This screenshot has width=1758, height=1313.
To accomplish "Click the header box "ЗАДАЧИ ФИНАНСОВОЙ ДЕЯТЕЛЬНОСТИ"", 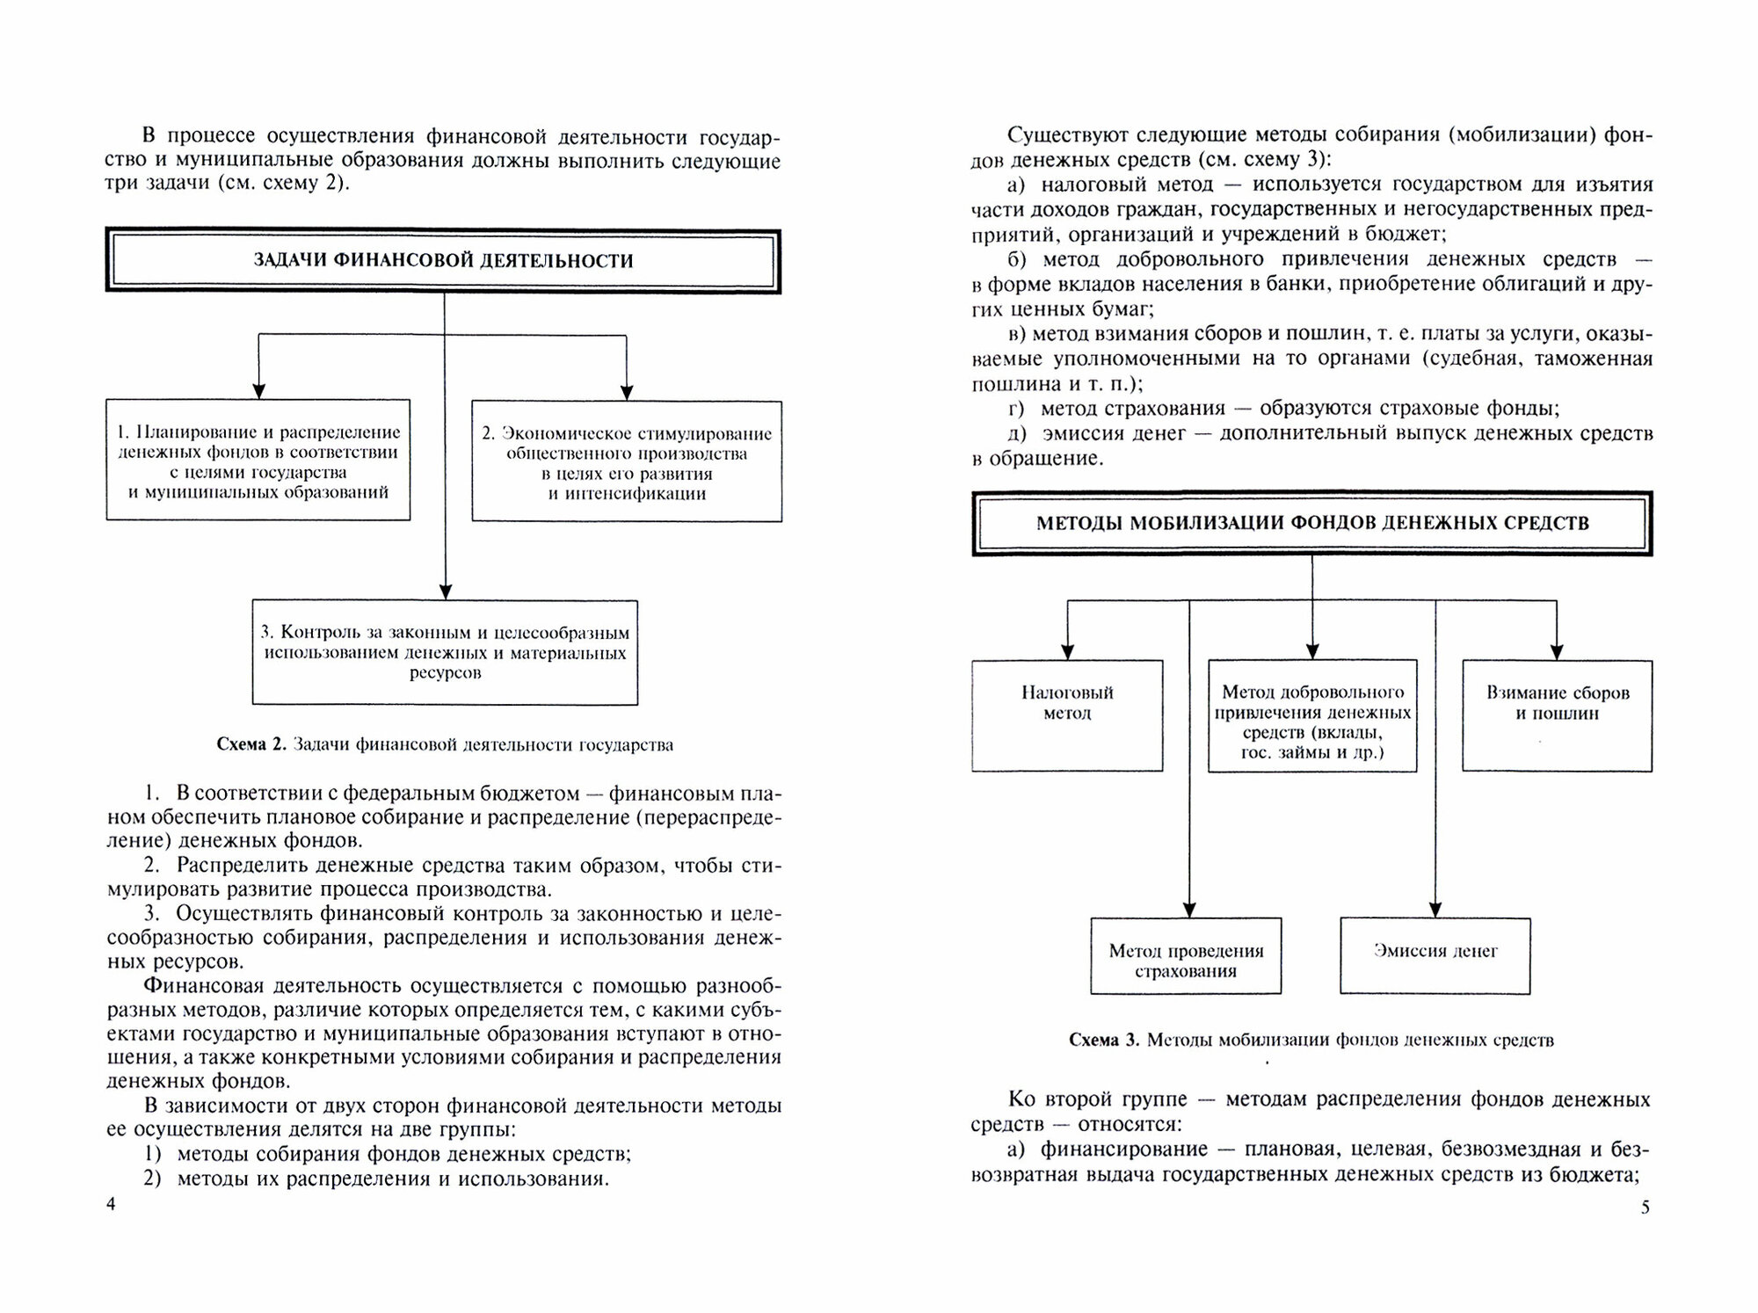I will (x=443, y=261).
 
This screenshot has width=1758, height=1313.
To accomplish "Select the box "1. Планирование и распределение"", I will (x=258, y=461).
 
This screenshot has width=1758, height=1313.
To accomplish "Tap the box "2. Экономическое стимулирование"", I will (x=626, y=462).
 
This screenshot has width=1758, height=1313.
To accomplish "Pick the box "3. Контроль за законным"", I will (x=445, y=652).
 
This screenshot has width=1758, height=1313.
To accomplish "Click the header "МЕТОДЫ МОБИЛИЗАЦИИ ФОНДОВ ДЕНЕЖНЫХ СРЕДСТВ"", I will (x=1311, y=524).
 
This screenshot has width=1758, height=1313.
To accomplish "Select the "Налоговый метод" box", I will (x=1067, y=715).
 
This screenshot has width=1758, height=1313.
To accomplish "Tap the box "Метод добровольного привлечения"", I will (x=1312, y=716).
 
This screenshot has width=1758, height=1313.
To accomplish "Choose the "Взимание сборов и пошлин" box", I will (x=1557, y=715).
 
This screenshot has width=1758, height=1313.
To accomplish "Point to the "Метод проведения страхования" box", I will (x=1186, y=956).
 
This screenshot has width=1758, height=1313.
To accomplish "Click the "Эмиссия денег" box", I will (x=1435, y=956).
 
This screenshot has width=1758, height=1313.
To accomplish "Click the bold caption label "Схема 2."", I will (x=251, y=745).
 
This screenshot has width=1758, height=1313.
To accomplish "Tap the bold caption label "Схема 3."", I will (x=1104, y=1041).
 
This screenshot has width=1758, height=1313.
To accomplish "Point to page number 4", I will (x=111, y=1204).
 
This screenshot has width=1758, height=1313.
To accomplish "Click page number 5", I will (x=1645, y=1208).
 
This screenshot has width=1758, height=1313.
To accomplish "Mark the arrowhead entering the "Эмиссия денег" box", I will (x=1435, y=910).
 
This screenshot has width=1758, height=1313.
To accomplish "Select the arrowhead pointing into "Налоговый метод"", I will (x=1068, y=652).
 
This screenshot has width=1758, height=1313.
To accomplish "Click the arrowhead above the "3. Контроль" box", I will (x=445, y=592).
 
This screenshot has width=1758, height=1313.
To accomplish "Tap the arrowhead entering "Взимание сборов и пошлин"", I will (x=1557, y=652).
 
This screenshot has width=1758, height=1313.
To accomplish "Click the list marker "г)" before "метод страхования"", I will (x=1016, y=409).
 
